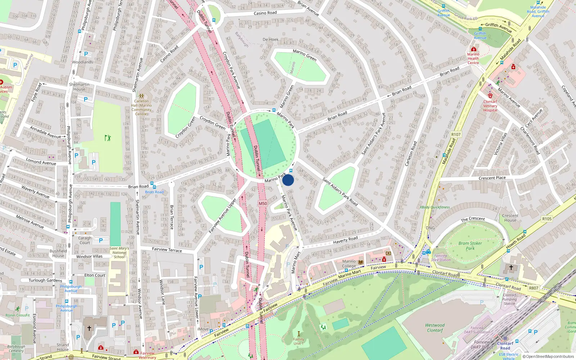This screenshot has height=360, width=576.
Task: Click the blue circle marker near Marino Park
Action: pos(288,180)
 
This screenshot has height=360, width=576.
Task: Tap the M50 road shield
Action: pos(263,203)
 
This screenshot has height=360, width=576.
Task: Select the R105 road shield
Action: pos(547,219)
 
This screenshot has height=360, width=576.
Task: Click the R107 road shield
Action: pos(456,134)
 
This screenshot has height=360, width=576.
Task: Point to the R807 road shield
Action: pos(534,288)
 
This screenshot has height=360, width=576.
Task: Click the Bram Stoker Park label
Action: pos(470,246)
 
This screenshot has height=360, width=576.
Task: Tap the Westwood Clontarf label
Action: pos(435,328)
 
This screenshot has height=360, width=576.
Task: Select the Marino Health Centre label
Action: pos(473,58)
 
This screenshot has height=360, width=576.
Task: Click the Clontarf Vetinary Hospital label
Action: pos(490,106)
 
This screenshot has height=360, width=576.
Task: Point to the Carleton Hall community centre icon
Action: pos(141,96)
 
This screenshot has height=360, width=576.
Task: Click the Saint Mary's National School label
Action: pos(119,252)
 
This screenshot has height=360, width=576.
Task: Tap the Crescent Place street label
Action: pos(492,178)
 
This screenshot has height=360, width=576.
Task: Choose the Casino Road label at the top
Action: pos(265,13)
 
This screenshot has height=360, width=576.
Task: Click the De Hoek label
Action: pos(270,40)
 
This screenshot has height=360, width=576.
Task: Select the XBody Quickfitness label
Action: pos(435,207)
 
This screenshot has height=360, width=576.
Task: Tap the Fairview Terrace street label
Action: pos(167,249)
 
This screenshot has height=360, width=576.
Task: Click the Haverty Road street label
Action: pos(345,239)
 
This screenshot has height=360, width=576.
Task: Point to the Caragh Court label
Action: pos(85,240)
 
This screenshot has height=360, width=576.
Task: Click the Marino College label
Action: pos(349,264)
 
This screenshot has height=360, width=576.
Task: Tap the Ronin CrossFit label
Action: pos(18,315)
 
